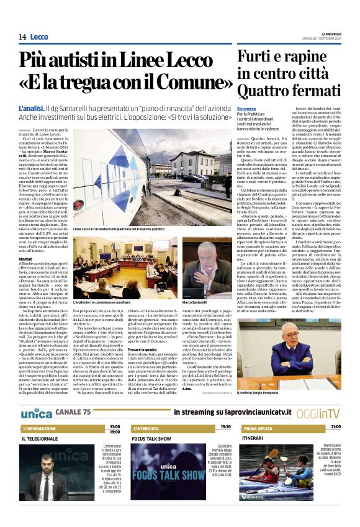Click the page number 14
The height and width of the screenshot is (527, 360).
pos(22,37)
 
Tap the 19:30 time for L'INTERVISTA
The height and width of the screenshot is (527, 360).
pos(225,427)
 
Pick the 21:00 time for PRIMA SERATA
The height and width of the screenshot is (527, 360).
pos(335,427)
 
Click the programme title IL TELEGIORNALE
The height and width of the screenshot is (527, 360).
pos(38,438)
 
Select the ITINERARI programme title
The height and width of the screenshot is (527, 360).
pos(253,438)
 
